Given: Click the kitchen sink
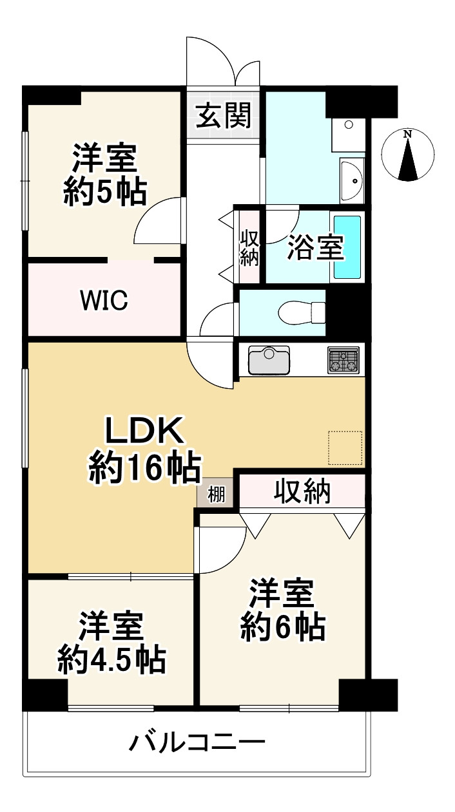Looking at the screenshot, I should click(x=269, y=360).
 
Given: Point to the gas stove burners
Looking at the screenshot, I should click(x=344, y=360).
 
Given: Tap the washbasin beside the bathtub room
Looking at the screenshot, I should click(x=352, y=181).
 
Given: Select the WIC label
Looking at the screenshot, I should click(x=104, y=299).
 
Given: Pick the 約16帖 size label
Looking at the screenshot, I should click(x=144, y=468).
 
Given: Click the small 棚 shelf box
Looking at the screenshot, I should click(x=217, y=495).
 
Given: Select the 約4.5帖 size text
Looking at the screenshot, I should click(x=111, y=658).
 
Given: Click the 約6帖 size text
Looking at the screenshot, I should click(x=282, y=626).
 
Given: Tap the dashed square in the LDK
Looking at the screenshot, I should click(x=345, y=448).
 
